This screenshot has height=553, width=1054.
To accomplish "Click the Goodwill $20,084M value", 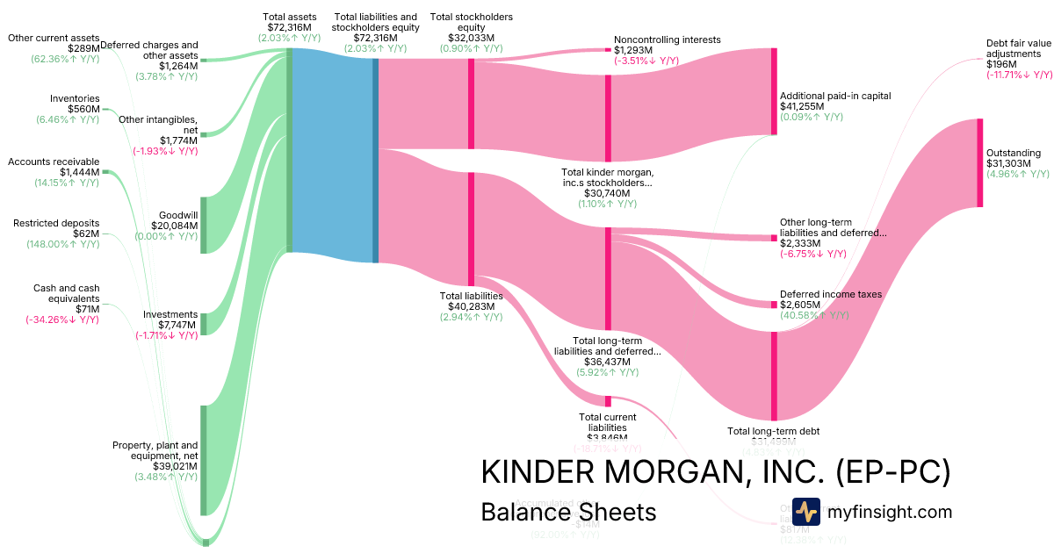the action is coord(175,226).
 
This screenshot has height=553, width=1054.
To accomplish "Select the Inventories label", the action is coord(75,98).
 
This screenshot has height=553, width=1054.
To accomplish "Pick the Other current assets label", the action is coord(54,38).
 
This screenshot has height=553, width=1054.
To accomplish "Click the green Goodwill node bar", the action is coord(204,225).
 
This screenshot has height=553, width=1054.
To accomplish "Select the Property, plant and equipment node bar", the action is coord(204,460).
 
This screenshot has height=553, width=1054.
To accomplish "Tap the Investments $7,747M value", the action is coord(175,325).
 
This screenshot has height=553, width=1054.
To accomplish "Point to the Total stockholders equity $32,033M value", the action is coord(472,38).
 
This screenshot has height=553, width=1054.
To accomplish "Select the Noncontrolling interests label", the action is coord(668,39).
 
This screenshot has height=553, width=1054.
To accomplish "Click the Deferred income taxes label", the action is coord(831,294).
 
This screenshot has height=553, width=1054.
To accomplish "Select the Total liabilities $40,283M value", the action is coord(472,307).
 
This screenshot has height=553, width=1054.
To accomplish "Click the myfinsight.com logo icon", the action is coord(805,512).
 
